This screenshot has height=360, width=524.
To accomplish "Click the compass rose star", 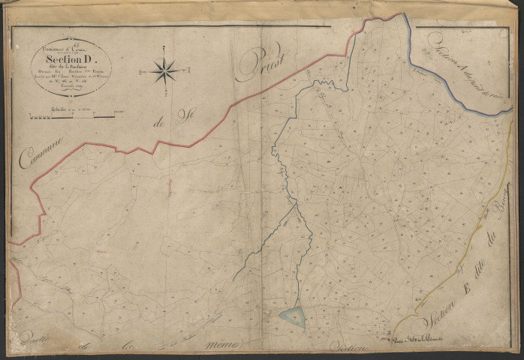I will click(164, 71).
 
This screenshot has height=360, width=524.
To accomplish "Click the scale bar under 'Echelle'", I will click(71, 116).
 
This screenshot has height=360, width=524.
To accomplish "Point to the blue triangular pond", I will click(292, 317).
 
